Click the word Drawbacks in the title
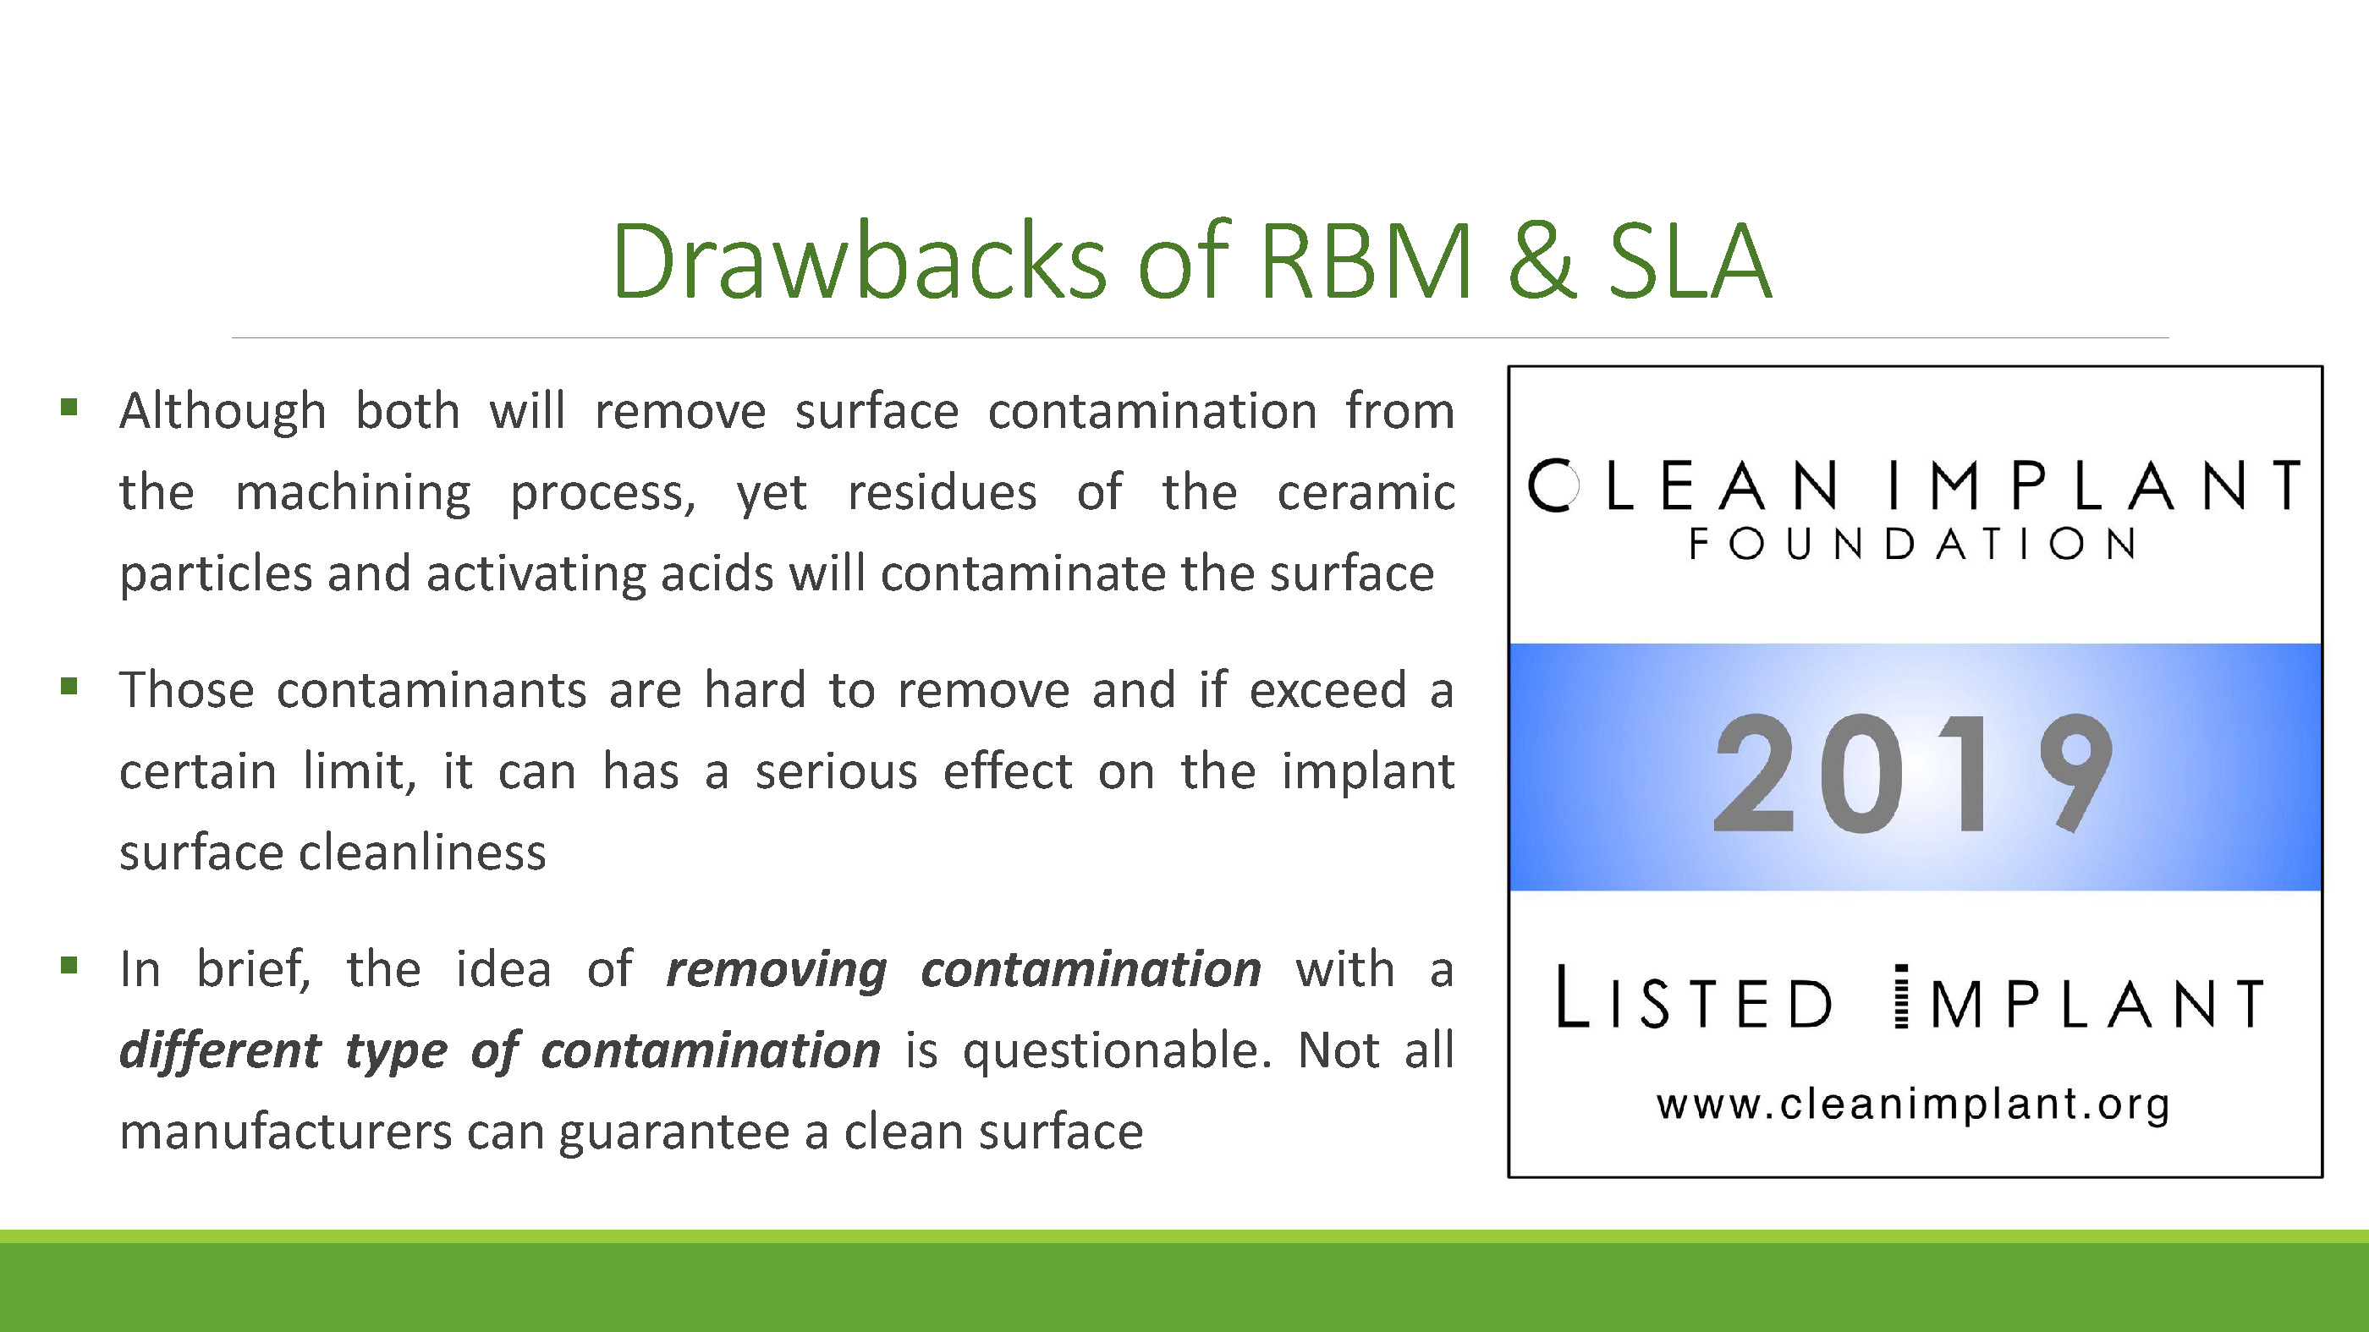[859, 261]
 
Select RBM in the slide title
[1366, 261]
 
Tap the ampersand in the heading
[1542, 262]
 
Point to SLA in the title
[1690, 261]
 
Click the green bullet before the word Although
[69, 406]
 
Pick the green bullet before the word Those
[69, 686]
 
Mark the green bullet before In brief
[69, 965]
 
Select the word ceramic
[1366, 493]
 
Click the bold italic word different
[221, 1050]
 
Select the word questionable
[1118, 1050]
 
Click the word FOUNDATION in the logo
[1913, 544]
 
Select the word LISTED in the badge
[1693, 997]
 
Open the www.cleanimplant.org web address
[1914, 1104]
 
